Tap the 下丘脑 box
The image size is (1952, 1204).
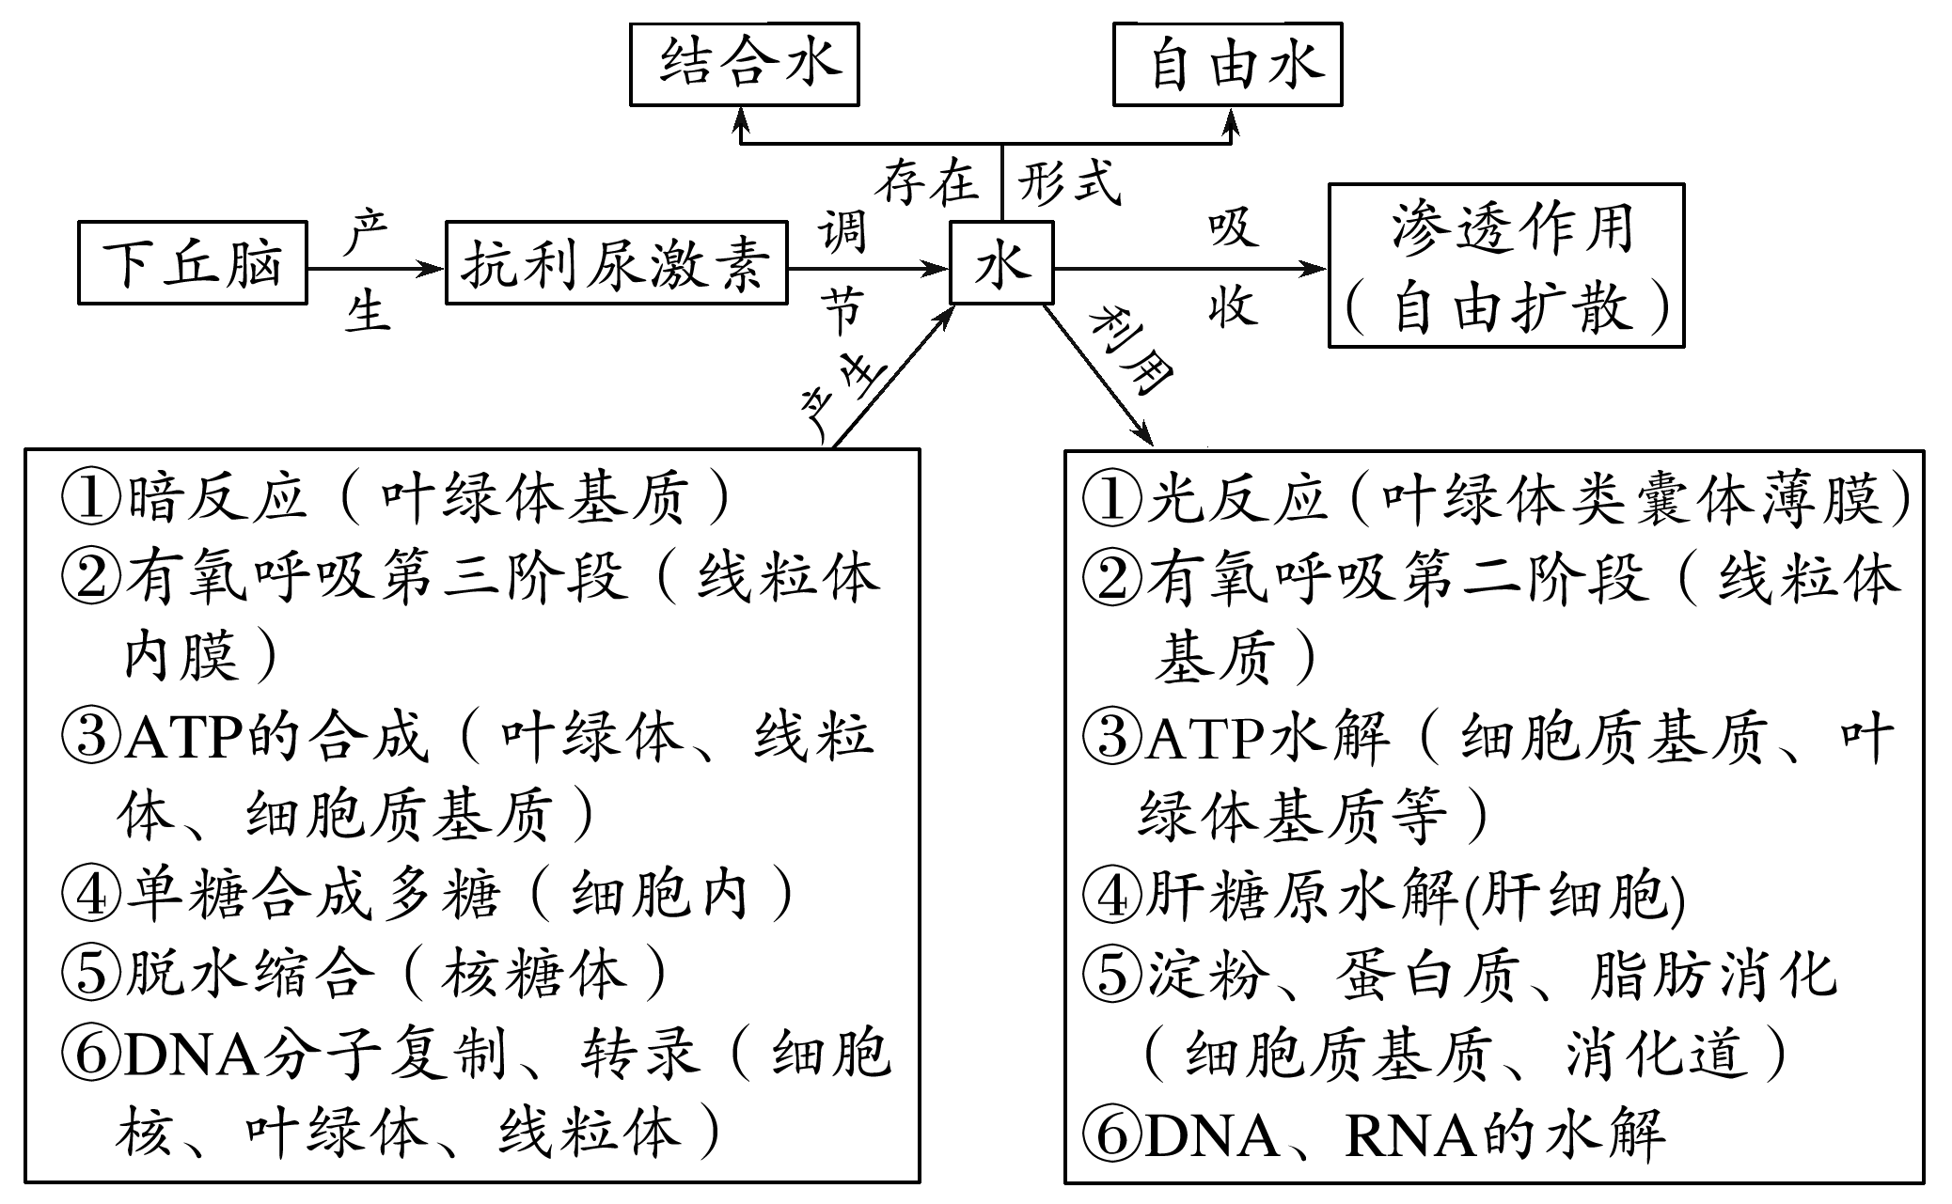(x=192, y=263)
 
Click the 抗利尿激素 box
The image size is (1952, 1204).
(x=616, y=264)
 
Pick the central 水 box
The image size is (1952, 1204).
(x=1001, y=264)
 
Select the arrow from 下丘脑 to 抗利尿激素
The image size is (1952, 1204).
(x=375, y=270)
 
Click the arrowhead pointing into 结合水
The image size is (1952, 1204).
(x=742, y=119)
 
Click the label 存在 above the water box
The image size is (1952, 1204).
(x=926, y=182)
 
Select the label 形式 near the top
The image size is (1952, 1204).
(x=1070, y=182)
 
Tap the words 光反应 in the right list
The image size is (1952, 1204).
(x=1237, y=497)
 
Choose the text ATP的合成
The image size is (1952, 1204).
(x=277, y=736)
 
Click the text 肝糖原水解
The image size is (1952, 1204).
(x=1302, y=894)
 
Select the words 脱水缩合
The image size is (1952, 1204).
(x=244, y=973)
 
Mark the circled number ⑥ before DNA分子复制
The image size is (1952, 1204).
(x=90, y=1053)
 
